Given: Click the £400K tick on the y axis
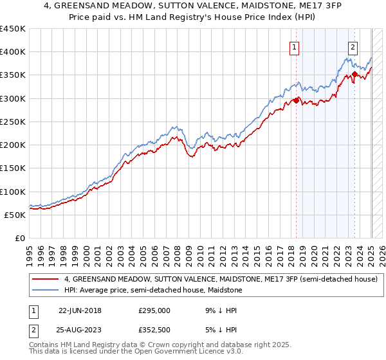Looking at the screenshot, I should [x=13, y=52].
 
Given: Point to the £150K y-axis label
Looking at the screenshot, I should [x=13, y=168].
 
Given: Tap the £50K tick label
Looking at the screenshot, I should [x=15, y=215].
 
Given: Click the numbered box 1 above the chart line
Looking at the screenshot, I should [x=295, y=46].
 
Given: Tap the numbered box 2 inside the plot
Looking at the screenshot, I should [x=353, y=46].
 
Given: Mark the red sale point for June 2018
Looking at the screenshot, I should [x=296, y=100].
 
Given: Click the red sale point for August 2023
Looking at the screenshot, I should [x=354, y=74].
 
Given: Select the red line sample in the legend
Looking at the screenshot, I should [x=45, y=279].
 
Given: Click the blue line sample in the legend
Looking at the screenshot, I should [x=45, y=290].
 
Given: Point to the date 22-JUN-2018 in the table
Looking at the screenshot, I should [x=80, y=310].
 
